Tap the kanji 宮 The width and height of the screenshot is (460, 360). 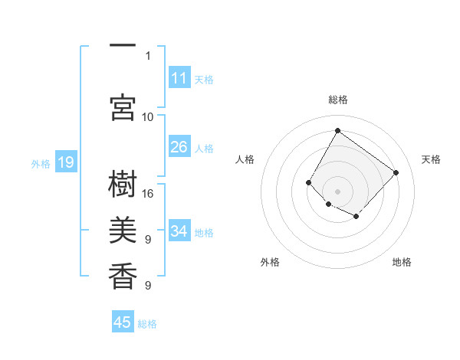123,108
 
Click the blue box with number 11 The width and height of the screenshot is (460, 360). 179,78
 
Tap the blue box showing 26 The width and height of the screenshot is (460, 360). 179,147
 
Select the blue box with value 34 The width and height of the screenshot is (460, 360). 179,231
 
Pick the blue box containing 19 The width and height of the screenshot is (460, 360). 65,162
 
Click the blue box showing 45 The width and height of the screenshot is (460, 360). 123,322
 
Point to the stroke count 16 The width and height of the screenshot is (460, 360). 148,194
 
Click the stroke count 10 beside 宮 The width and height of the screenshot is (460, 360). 148,116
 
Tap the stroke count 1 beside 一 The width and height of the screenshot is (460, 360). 148,55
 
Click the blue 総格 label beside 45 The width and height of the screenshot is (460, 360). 147,324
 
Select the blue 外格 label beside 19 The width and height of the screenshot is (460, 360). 40,163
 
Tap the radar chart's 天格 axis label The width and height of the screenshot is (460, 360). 431,159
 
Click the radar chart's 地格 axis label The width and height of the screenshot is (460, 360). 402,262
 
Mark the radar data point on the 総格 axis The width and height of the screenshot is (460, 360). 337,130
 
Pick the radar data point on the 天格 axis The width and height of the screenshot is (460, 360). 396,172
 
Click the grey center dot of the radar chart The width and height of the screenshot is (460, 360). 337,191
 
